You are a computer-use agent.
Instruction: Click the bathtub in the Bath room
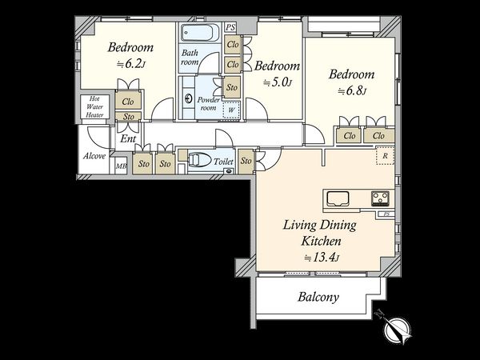198,33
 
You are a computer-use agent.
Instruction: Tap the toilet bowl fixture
199,160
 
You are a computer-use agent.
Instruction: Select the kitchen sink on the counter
338,198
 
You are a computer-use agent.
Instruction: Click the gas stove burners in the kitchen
380,198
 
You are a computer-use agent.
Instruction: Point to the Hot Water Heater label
94,107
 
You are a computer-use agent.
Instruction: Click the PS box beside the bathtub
230,27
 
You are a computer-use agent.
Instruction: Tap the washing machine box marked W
231,110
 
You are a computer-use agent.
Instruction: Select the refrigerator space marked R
385,156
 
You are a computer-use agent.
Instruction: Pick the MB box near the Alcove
121,166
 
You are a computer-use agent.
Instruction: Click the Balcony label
318,297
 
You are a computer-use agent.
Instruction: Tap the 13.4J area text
322,257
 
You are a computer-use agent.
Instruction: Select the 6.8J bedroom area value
352,90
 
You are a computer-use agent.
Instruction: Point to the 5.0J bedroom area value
278,82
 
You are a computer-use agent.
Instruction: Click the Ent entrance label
128,138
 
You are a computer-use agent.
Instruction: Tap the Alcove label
94,156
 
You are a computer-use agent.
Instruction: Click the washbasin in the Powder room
188,98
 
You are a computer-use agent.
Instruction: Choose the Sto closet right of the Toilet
246,161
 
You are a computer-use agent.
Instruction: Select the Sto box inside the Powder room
232,87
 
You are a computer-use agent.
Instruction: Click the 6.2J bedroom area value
130,64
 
